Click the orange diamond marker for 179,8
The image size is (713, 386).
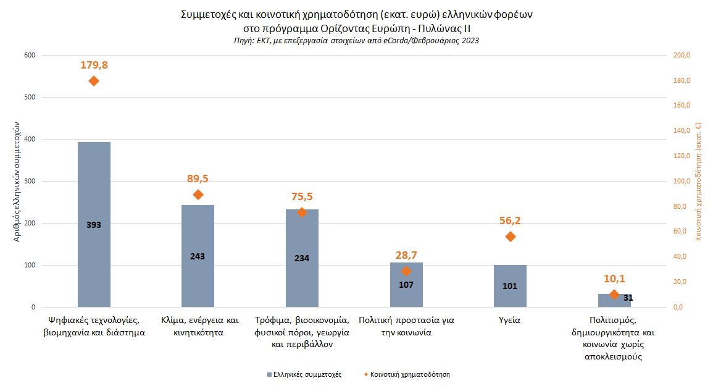94,81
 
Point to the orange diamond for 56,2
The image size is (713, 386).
510,237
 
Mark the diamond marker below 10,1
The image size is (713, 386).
614,295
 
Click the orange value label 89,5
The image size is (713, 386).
198,178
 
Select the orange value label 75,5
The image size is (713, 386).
302,196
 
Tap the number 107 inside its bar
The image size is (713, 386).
406,285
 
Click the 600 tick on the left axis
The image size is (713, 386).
29,56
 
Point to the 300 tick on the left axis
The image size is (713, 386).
29,182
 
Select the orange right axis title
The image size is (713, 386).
699,181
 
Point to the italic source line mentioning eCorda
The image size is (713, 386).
356,40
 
